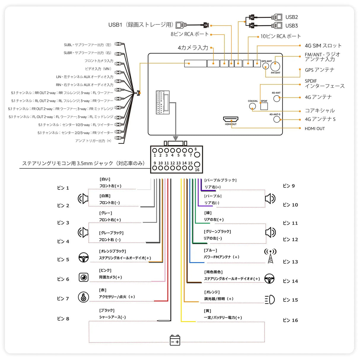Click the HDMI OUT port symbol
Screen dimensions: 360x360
231,119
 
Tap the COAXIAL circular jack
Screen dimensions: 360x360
252,106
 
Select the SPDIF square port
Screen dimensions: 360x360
264,106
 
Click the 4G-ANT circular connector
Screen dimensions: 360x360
277,98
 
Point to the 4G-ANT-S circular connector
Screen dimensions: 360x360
277,119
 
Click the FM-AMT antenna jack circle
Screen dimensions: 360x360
275,66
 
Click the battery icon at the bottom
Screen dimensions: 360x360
175,340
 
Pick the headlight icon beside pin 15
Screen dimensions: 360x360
270,300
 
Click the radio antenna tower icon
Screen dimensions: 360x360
270,256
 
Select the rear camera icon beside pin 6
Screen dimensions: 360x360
84,277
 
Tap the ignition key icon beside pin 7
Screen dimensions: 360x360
83,297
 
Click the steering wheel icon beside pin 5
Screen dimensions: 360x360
84,257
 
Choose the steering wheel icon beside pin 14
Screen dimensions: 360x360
269,279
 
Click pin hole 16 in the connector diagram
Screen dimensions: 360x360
197,164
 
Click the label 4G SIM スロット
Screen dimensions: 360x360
323,46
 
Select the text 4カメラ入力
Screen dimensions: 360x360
193,48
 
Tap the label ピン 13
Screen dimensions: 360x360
290,262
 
